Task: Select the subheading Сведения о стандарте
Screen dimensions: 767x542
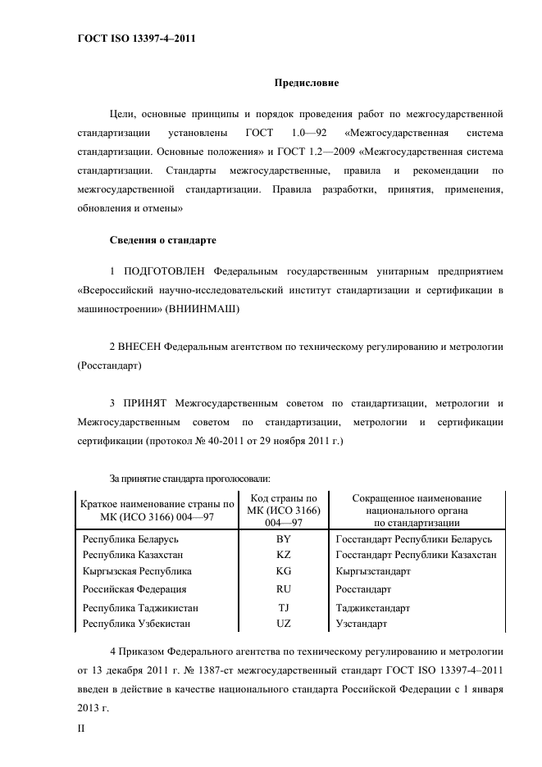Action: pyautogui.click(x=162, y=241)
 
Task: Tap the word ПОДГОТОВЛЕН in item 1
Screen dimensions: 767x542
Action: pyautogui.click(x=165, y=270)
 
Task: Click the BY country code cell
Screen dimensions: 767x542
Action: pyautogui.click(x=284, y=539)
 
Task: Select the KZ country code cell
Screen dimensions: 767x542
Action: pyautogui.click(x=284, y=555)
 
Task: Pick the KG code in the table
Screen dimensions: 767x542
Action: pyautogui.click(x=284, y=570)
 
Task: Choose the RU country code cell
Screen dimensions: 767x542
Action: pyautogui.click(x=284, y=589)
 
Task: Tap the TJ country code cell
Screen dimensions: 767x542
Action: pyautogui.click(x=284, y=608)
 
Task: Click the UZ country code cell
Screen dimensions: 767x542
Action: pyautogui.click(x=284, y=624)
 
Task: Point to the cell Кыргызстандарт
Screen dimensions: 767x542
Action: pyautogui.click(x=373, y=570)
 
